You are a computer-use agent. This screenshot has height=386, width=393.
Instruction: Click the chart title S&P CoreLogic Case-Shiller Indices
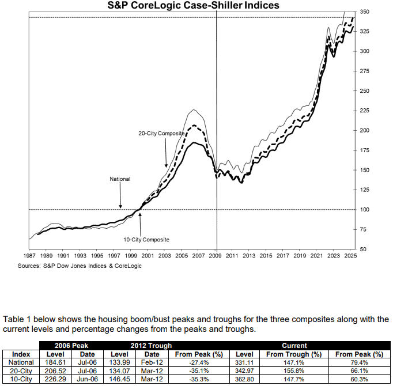point(193,5)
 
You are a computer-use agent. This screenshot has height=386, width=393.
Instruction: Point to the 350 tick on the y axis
point(364,12)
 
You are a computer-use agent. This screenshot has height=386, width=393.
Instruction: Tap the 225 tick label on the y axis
point(364,111)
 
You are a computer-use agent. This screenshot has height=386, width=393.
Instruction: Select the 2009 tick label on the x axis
point(215,256)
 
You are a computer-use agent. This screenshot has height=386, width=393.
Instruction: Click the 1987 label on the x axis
point(29,256)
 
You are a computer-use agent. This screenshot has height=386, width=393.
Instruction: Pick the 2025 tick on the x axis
point(350,256)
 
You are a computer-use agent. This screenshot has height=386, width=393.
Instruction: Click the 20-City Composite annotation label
point(161,133)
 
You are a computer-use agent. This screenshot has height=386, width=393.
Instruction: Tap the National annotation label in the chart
point(120,179)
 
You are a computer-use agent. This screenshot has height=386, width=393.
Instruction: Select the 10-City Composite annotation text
point(146,240)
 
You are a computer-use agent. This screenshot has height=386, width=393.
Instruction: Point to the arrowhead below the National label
point(120,206)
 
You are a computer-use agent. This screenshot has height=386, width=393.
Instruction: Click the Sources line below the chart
point(80,266)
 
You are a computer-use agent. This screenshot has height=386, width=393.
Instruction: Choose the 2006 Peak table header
point(71,346)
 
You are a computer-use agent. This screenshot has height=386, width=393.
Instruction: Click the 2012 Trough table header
point(151,346)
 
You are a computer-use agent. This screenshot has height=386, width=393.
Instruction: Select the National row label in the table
point(21,362)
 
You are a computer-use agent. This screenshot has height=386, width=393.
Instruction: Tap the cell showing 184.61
point(55,362)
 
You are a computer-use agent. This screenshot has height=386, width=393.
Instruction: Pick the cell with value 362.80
point(244,380)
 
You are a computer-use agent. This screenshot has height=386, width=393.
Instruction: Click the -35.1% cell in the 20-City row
point(199,371)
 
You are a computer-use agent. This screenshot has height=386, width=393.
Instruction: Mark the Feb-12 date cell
point(152,362)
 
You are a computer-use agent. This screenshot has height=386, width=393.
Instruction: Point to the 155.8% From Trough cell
point(294,371)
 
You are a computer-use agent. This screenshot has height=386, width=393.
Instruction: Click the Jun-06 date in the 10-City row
point(87,380)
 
